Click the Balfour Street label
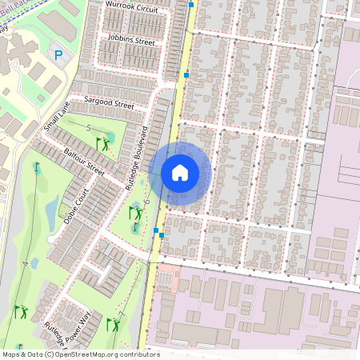[x=84, y=160]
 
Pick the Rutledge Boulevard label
[x=135, y=156]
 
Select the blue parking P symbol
[x=58, y=55]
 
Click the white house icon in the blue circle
[x=180, y=173]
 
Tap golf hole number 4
[x=26, y=262]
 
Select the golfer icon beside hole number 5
[x=103, y=143]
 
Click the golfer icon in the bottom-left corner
[x=20, y=311]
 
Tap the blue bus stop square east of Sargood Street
[x=186, y=75]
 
